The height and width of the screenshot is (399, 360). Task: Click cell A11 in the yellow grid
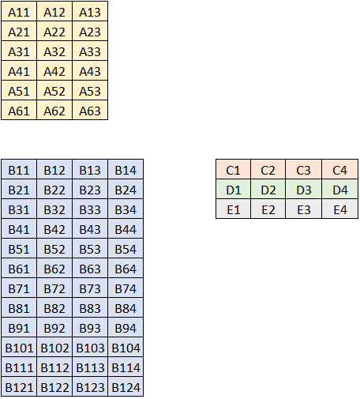tap(19, 11)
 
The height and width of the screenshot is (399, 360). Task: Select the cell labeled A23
tap(90, 31)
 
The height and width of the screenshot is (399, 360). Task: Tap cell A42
tap(54, 70)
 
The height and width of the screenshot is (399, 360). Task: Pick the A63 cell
tap(90, 110)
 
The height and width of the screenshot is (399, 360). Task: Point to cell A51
tap(19, 90)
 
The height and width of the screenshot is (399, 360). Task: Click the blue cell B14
tap(126, 169)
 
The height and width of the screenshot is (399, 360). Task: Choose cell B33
tap(90, 209)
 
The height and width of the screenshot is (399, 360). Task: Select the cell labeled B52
tap(54, 248)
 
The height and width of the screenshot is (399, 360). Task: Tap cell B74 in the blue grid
tap(126, 288)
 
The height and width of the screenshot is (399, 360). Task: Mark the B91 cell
tap(19, 327)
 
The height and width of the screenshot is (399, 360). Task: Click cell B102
tap(54, 347)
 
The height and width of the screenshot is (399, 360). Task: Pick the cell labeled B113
tap(90, 367)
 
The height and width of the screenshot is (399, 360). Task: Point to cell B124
tap(126, 386)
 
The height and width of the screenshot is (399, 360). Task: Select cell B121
tap(19, 386)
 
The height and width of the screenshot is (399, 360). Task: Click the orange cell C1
tap(233, 169)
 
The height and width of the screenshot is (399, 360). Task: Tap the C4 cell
tap(339, 169)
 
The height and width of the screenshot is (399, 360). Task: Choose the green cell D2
tap(268, 189)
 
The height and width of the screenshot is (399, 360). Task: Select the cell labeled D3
tap(304, 189)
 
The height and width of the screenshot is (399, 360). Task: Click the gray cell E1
tap(233, 209)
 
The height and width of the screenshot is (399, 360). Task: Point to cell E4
tap(339, 209)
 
